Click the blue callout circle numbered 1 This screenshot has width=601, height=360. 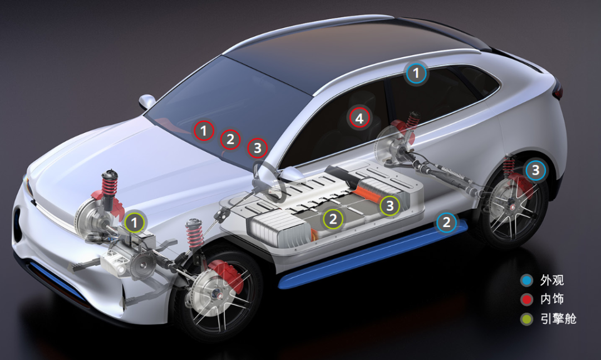tap(416, 73)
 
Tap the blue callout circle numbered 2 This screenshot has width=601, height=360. tap(446, 222)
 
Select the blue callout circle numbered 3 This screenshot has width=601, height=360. tap(535, 170)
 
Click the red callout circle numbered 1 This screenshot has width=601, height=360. tap(204, 131)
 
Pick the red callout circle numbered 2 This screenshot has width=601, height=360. tap(230, 139)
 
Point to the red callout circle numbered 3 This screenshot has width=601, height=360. tap(257, 148)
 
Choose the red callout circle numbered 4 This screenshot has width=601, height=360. tap(359, 118)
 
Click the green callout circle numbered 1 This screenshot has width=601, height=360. tap(134, 223)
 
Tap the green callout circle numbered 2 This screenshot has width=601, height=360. tap(333, 219)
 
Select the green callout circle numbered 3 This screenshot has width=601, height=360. tap(390, 206)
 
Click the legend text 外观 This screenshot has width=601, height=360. tap(552, 280)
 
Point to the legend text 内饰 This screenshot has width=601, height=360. tap(552, 299)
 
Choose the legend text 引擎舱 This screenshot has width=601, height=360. tap(558, 319)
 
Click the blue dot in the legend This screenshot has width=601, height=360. tap(527, 280)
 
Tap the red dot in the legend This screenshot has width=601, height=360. tap(527, 299)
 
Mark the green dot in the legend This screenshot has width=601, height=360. tap(527, 319)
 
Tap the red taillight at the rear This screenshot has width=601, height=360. tap(558, 91)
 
